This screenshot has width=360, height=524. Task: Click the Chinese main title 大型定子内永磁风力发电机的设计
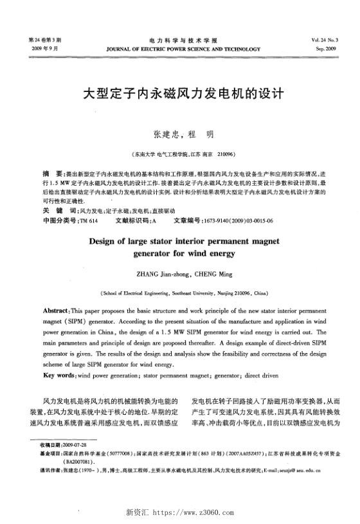179,94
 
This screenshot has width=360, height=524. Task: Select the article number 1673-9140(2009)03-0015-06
237,221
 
